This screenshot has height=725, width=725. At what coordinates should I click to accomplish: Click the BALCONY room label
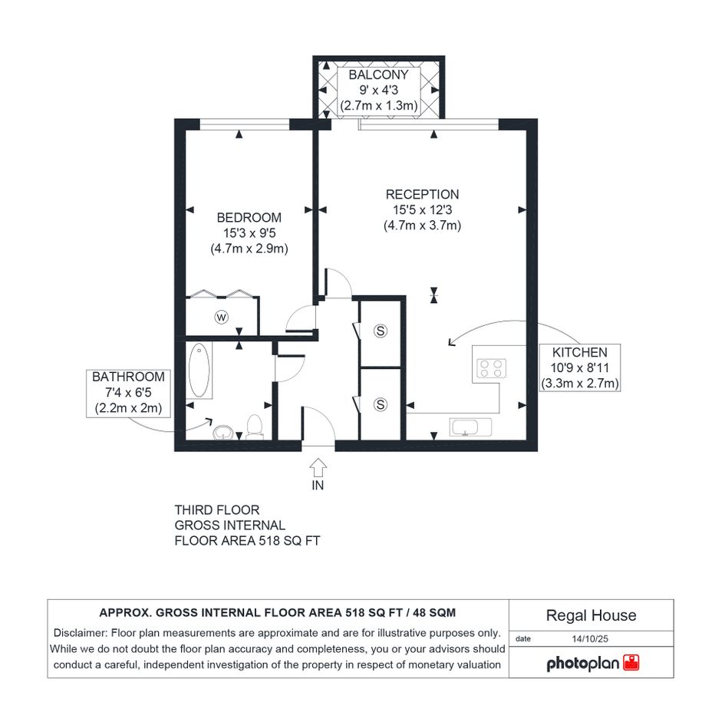(378, 74)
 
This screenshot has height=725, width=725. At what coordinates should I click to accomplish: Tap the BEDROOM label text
(249, 217)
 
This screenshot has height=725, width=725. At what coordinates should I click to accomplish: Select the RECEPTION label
(422, 194)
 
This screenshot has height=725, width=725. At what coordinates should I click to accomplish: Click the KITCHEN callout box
(580, 367)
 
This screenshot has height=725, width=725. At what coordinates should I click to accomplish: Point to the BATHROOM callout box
(128, 393)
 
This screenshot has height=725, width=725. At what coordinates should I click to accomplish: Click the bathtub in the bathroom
(199, 370)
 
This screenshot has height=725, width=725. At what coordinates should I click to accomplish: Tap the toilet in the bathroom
(254, 427)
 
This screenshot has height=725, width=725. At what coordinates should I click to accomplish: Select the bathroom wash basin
(224, 433)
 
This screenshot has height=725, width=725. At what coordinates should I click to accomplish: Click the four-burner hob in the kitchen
(491, 368)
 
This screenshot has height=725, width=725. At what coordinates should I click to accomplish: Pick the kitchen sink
(470, 427)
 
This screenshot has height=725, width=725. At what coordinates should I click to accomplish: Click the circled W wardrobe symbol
(222, 317)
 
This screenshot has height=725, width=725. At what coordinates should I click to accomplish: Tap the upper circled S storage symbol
(380, 331)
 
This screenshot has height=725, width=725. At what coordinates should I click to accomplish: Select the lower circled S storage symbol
(380, 404)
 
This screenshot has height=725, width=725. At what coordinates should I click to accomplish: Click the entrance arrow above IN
(318, 467)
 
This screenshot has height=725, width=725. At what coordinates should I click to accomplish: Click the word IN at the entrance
(318, 485)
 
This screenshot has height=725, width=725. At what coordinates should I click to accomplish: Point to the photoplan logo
(592, 664)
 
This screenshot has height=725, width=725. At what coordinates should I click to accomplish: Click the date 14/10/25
(590, 638)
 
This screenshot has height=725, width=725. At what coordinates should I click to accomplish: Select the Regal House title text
(591, 615)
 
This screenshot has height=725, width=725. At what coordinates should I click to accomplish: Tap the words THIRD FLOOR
(217, 510)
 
